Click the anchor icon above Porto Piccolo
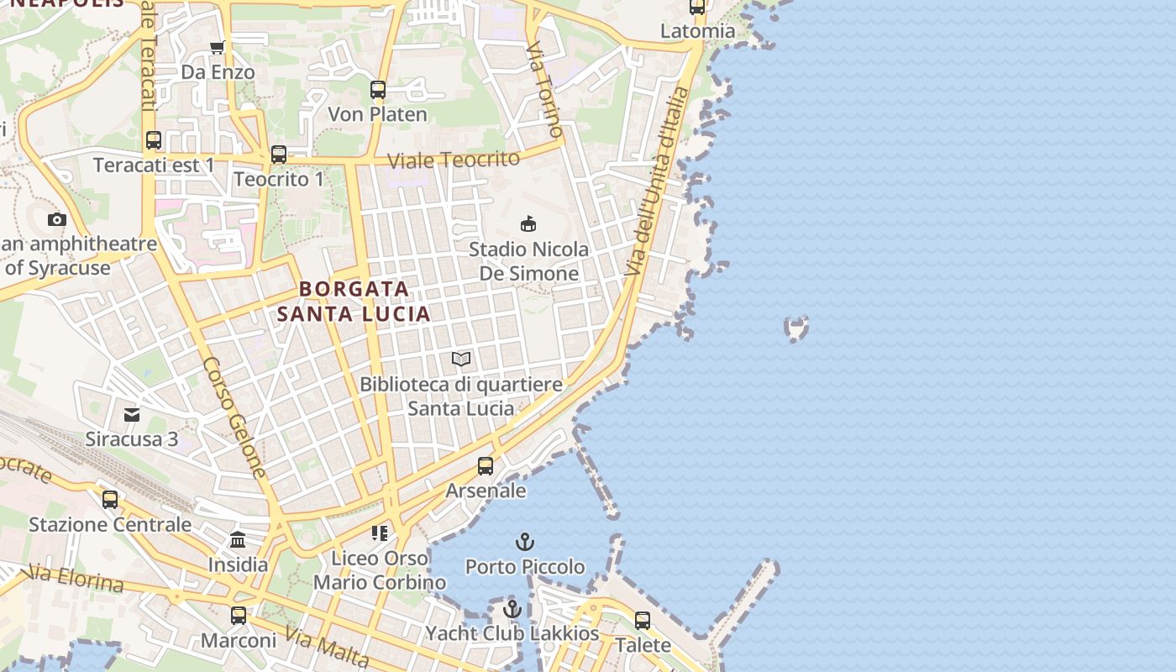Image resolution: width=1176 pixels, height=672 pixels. coord(525,542)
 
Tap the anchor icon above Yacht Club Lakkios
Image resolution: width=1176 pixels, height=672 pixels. coord(512,609)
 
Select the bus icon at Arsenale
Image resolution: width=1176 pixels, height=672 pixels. coord(486,465)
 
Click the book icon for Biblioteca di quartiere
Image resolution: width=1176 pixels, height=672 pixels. coord(461,360)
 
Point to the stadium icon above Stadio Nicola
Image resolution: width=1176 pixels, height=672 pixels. coord(528,223)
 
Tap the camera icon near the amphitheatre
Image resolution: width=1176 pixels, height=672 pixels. coord(57,220)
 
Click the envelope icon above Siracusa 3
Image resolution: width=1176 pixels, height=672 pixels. coord(132,415)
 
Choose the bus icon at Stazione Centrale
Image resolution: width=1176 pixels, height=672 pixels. coord(110,500)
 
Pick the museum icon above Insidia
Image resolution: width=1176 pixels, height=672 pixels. coord(238,540)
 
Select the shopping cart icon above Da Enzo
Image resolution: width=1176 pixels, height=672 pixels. coord(218,48)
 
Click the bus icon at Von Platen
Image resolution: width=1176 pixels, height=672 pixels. coord(378,89)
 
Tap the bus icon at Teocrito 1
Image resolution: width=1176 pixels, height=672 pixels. coord(279,155)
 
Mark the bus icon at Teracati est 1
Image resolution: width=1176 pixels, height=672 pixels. coord(154,140)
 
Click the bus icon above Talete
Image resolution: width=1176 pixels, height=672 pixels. coord(643,621)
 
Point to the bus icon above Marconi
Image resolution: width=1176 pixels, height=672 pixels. coord(239,616)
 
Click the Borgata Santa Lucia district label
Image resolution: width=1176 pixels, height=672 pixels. coord(354,302)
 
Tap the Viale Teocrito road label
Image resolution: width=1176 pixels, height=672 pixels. coord(454,159)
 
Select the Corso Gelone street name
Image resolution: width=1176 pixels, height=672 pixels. coord(234,417)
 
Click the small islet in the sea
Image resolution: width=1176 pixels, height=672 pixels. coord(795,328)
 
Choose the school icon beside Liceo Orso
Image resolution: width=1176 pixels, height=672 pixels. coord(380,533)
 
